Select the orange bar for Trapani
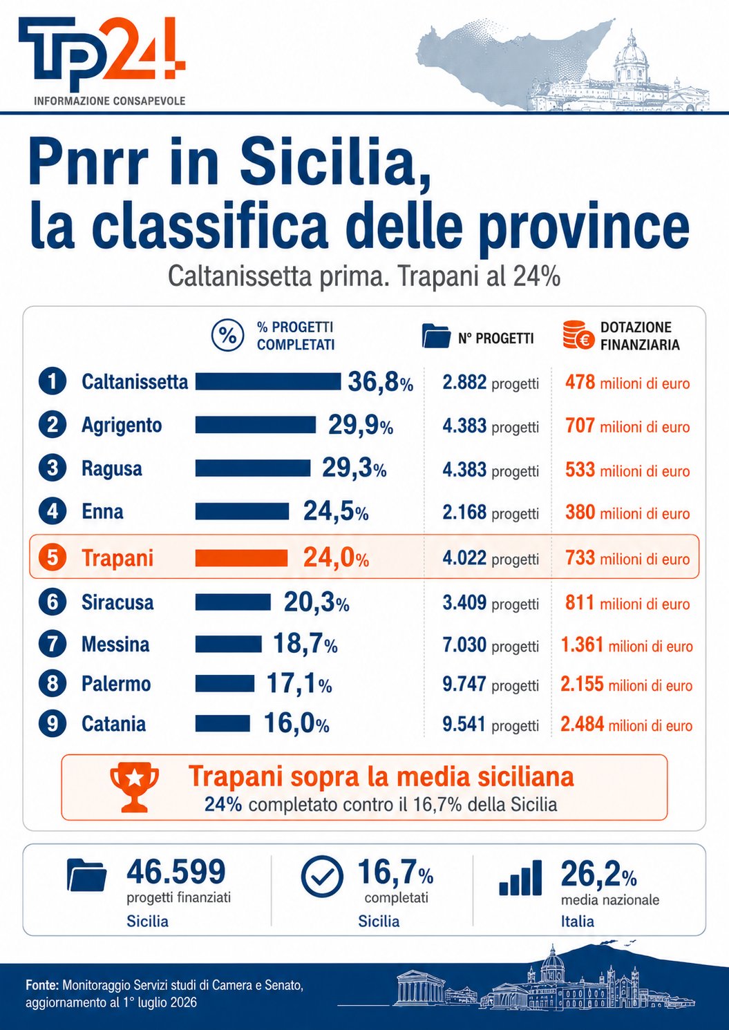[241, 558]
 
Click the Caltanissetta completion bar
[268, 381]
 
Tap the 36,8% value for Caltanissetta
[380, 382]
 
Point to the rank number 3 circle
[53, 468]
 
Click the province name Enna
[102, 512]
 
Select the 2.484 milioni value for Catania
[626, 725]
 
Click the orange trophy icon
[134, 787]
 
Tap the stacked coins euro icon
[578, 335]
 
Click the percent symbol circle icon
[226, 336]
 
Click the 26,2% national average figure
[598, 873]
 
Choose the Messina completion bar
[229, 644]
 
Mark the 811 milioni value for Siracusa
[627, 602]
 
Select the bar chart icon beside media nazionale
[520, 878]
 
